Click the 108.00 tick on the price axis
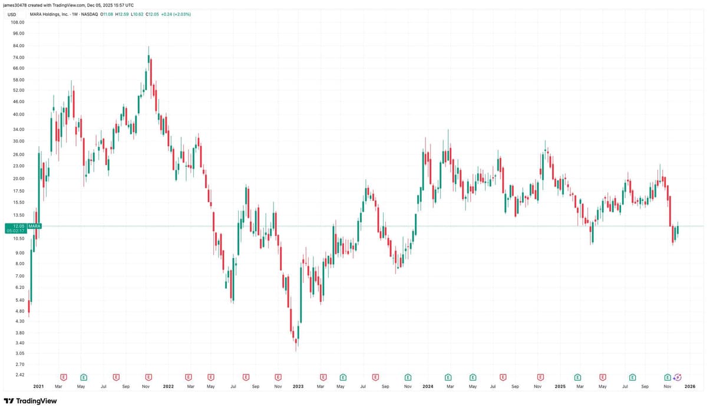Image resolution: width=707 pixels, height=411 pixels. pos(18,22)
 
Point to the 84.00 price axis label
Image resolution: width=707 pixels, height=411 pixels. pos(18,45)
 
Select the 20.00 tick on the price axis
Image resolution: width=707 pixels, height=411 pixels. pos(18,179)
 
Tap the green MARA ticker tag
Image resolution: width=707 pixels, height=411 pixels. pos(34,226)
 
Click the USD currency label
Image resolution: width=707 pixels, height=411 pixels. pos(11,14)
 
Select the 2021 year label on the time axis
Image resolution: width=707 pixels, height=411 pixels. pos(38,386)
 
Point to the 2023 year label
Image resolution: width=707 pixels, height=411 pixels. pos(298,386)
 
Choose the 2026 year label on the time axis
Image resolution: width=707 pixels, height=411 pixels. pos(690,386)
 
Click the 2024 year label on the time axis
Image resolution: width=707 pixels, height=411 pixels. pos(428,386)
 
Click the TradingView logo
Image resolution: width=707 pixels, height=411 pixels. pos(30,401)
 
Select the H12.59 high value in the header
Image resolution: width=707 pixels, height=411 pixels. pos(122,14)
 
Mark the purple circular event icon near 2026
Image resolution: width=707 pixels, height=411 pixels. pos(678,376)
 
